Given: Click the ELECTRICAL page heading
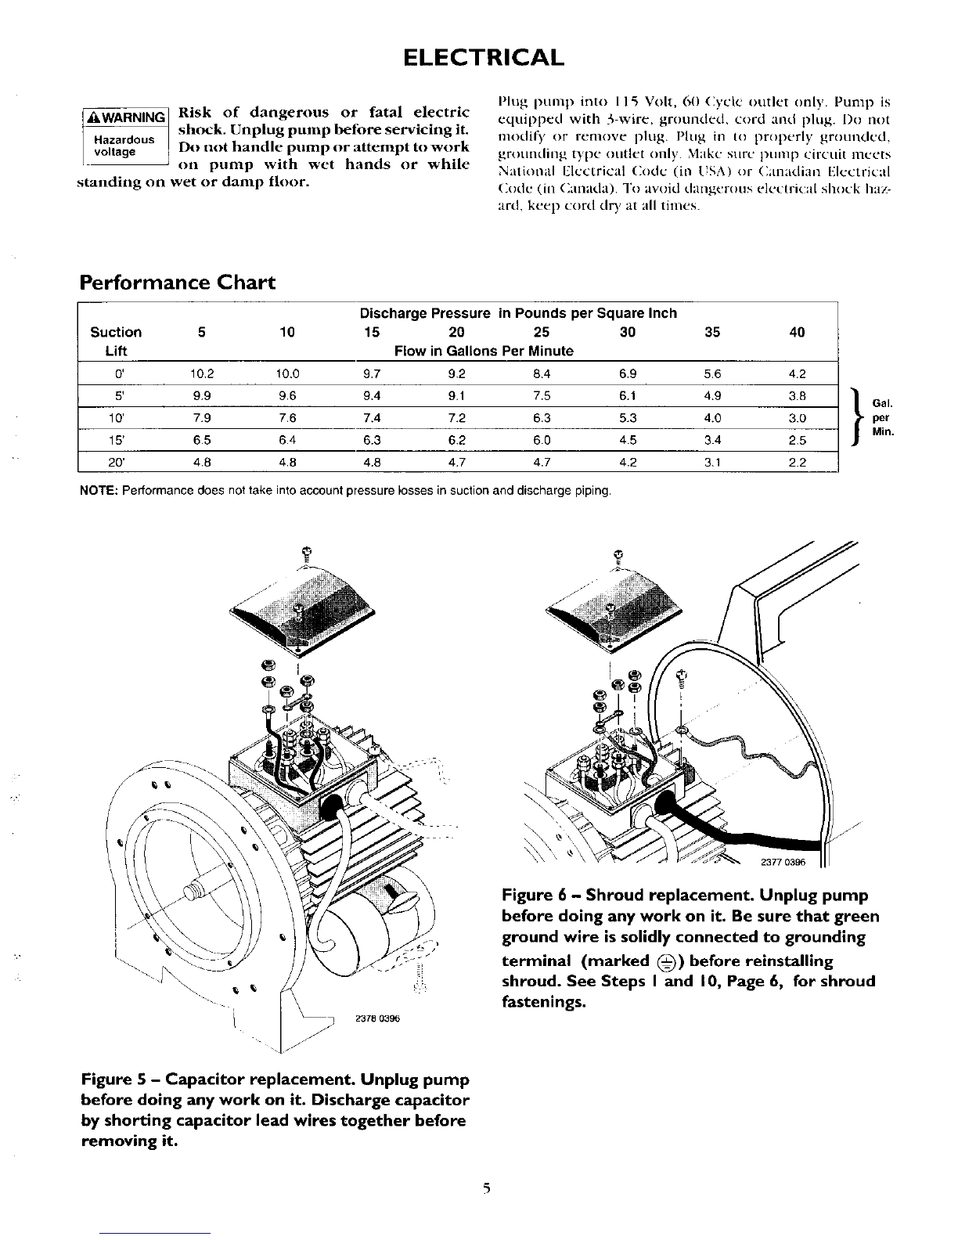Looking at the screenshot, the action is coord(483,58).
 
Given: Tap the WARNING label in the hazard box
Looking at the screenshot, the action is coord(126,117).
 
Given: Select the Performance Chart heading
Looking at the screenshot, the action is coord(178,282).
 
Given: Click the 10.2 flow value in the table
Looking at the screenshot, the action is coord(202,373).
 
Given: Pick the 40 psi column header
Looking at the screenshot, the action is coord(797,332).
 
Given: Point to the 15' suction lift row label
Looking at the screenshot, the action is coord(117,440).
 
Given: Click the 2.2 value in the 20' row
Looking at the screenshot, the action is coord(797,462).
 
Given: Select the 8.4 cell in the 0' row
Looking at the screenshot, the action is coord(542,373).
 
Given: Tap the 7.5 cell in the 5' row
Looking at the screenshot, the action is coord(542,395).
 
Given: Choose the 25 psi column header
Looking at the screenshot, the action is coord(542,332).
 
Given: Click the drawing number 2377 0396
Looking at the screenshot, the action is coord(783,862).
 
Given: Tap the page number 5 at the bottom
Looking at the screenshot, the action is coord(486,1188).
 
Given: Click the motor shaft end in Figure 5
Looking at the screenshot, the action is coord(193,892).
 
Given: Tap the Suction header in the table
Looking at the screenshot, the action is coord(116,332).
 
